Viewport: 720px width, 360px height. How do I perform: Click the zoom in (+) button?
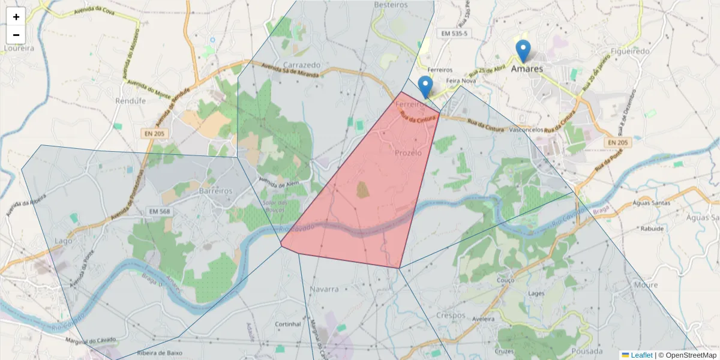pos(16,17)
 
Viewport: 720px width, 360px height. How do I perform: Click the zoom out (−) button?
pos(16,35)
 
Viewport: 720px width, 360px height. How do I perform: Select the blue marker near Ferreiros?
pos(425,87)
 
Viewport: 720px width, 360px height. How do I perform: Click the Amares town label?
pos(527,68)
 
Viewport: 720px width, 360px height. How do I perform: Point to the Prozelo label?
pos(408,153)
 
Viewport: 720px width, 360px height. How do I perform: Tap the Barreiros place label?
pos(215,190)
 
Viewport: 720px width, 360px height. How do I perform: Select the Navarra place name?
pos(325,289)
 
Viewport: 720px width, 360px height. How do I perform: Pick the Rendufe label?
pos(130,101)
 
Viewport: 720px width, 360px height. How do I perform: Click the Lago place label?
pos(63,241)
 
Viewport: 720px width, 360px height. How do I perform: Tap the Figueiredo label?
pos(629,51)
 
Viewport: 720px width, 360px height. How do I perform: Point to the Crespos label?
pos(451,315)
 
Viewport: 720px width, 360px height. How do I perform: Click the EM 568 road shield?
pos(160,211)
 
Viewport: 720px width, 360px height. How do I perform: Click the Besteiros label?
pos(391,5)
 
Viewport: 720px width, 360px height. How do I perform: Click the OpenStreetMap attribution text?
pos(687,355)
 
